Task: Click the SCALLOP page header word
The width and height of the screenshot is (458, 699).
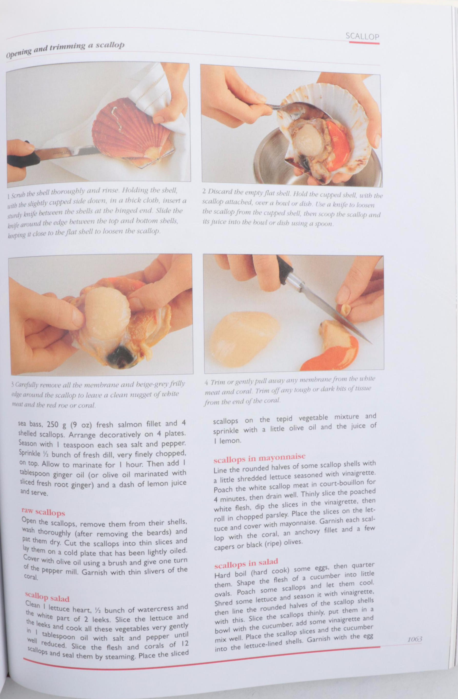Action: pos(362,36)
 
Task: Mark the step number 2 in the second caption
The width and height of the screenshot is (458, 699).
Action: pos(204,191)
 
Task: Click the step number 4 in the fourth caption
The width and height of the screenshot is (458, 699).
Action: pos(207,383)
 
